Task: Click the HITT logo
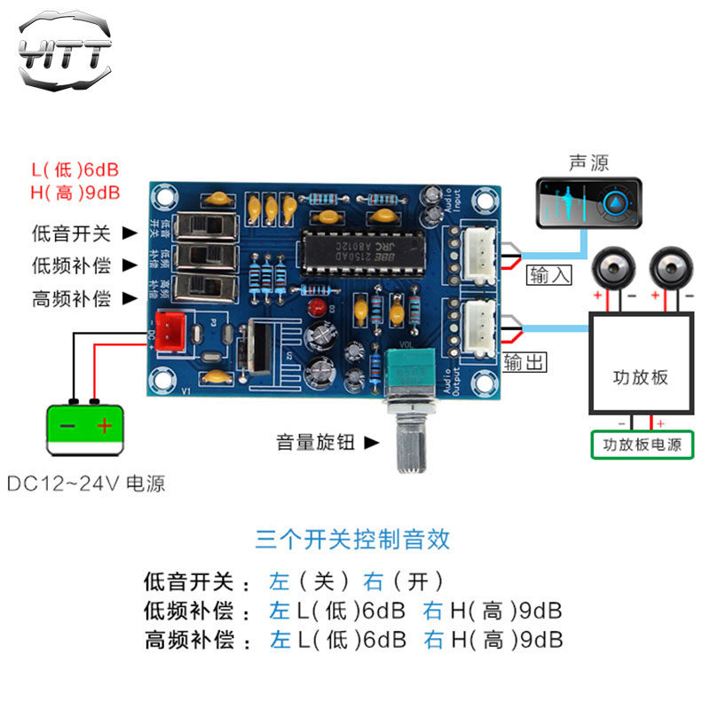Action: pos(65,51)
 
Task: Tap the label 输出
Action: pos(524,361)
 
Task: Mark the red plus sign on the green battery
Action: pos(106,426)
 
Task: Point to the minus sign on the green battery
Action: pos(67,426)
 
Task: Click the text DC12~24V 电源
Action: pos(86,485)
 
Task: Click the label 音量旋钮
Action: pos(316,441)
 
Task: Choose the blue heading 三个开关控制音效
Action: pos(352,539)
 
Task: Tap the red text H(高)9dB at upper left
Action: pos(75,192)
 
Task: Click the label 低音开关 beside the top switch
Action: pos(71,233)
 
